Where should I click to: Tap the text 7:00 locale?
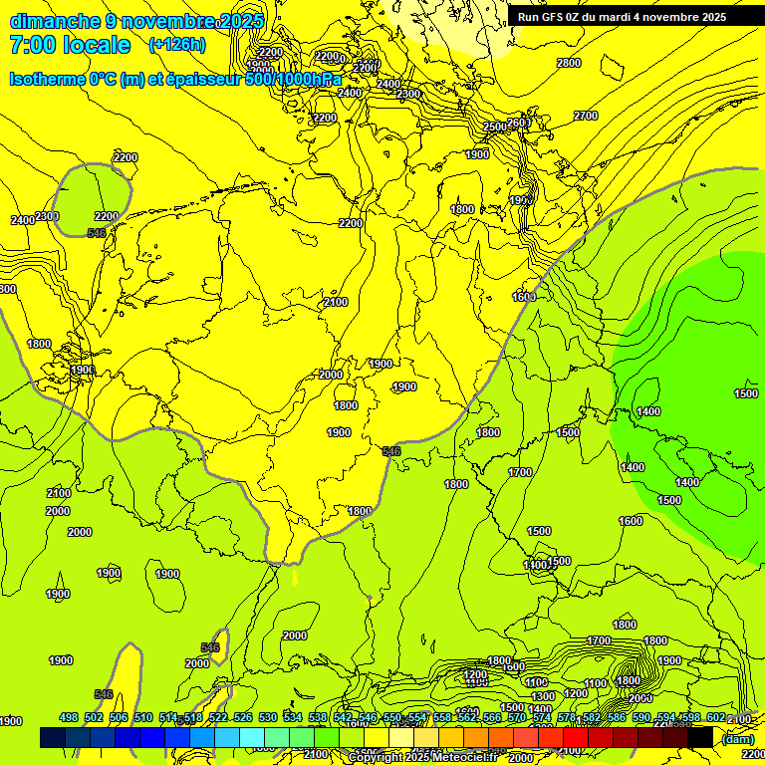(70, 45)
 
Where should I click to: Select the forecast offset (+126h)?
(177, 45)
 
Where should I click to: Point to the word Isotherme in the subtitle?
(47, 79)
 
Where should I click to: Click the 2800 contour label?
(569, 64)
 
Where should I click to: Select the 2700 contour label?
(587, 117)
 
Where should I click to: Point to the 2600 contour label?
(518, 124)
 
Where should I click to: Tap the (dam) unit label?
(737, 738)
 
